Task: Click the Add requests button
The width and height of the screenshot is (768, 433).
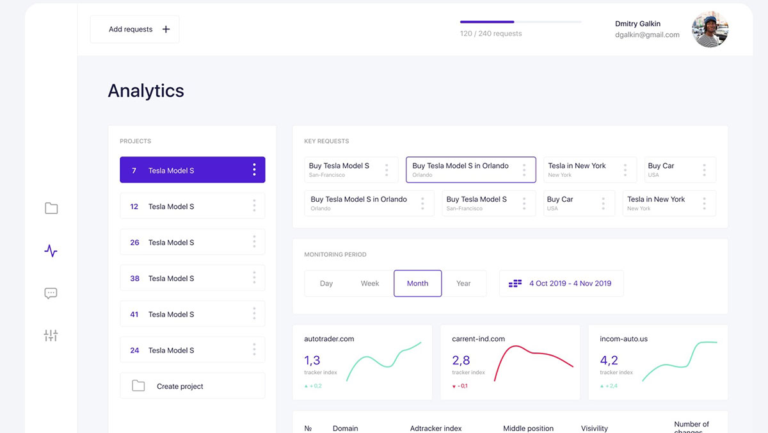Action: coord(134,29)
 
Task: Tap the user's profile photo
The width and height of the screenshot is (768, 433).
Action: coord(710,29)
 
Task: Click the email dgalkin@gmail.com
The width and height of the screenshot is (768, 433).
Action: coord(647,35)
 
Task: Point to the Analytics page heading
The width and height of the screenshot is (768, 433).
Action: coord(146,91)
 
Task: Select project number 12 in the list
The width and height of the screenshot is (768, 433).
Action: coord(192,206)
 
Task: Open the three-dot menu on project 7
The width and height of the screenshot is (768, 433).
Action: coord(254,170)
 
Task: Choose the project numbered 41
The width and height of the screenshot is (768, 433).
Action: coord(192,315)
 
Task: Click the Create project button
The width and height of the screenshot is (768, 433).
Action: coord(192,386)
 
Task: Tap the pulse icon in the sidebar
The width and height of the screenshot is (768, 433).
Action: coord(51,251)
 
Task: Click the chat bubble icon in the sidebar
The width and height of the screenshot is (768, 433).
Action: coord(51,293)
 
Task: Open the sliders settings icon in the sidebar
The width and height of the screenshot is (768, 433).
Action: coord(51,336)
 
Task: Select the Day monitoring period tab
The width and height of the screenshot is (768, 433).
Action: coord(326,284)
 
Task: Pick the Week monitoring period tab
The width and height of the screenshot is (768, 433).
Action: coord(370,284)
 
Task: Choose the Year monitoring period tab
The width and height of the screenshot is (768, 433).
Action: coord(463,284)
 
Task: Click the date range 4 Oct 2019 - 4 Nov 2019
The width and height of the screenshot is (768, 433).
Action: coord(561,284)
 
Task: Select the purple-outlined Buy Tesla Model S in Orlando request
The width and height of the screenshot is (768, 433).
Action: coord(470,170)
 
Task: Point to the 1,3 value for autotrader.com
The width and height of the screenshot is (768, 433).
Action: coord(312,361)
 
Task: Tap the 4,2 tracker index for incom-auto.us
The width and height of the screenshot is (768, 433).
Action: coord(609,361)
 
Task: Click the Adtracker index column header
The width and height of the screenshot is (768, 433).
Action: coord(436,428)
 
